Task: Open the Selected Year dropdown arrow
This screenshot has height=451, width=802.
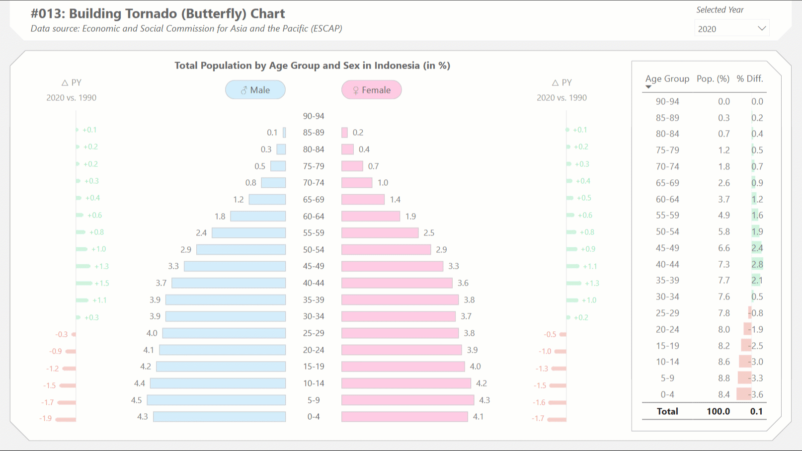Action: point(761,28)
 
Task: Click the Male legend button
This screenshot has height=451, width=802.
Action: point(255,90)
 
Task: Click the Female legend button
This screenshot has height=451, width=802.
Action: point(371,90)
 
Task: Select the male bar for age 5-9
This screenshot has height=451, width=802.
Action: point(216,400)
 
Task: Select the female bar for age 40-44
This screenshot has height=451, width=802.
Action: point(397,283)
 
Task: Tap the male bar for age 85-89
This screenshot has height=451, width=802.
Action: point(284,133)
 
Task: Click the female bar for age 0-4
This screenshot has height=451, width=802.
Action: point(404,417)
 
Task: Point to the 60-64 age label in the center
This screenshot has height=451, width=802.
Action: point(314,217)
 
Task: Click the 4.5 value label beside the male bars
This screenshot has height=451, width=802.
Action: point(136,400)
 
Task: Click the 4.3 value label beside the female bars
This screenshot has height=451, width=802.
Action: point(484,400)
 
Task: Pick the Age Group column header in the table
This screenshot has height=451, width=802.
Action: point(667,78)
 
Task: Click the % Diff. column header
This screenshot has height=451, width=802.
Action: point(749,78)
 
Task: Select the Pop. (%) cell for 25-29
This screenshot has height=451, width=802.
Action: point(723,313)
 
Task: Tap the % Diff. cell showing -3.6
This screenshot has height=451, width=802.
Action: point(756,394)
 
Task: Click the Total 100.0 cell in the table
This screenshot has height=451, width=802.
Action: point(718,411)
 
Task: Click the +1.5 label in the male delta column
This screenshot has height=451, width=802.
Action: point(102,283)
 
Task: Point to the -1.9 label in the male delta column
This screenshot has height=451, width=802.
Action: point(46,418)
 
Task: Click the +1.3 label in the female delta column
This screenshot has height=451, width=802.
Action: point(592,283)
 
